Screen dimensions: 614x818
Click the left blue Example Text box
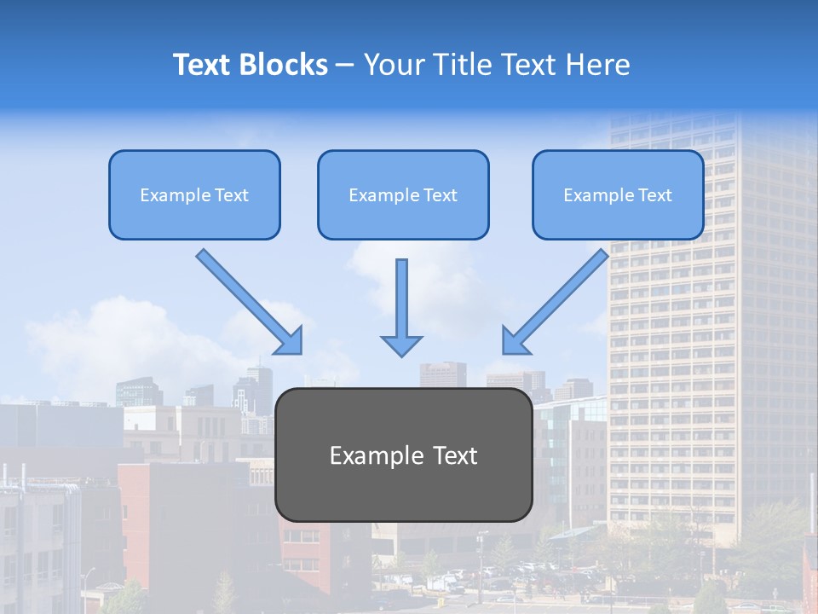point(194,194)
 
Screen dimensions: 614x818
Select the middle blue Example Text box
point(403,194)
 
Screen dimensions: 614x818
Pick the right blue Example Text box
point(618,194)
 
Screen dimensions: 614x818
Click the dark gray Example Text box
point(403,455)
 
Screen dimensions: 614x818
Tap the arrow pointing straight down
point(401,307)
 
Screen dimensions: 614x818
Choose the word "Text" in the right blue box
point(655,195)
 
